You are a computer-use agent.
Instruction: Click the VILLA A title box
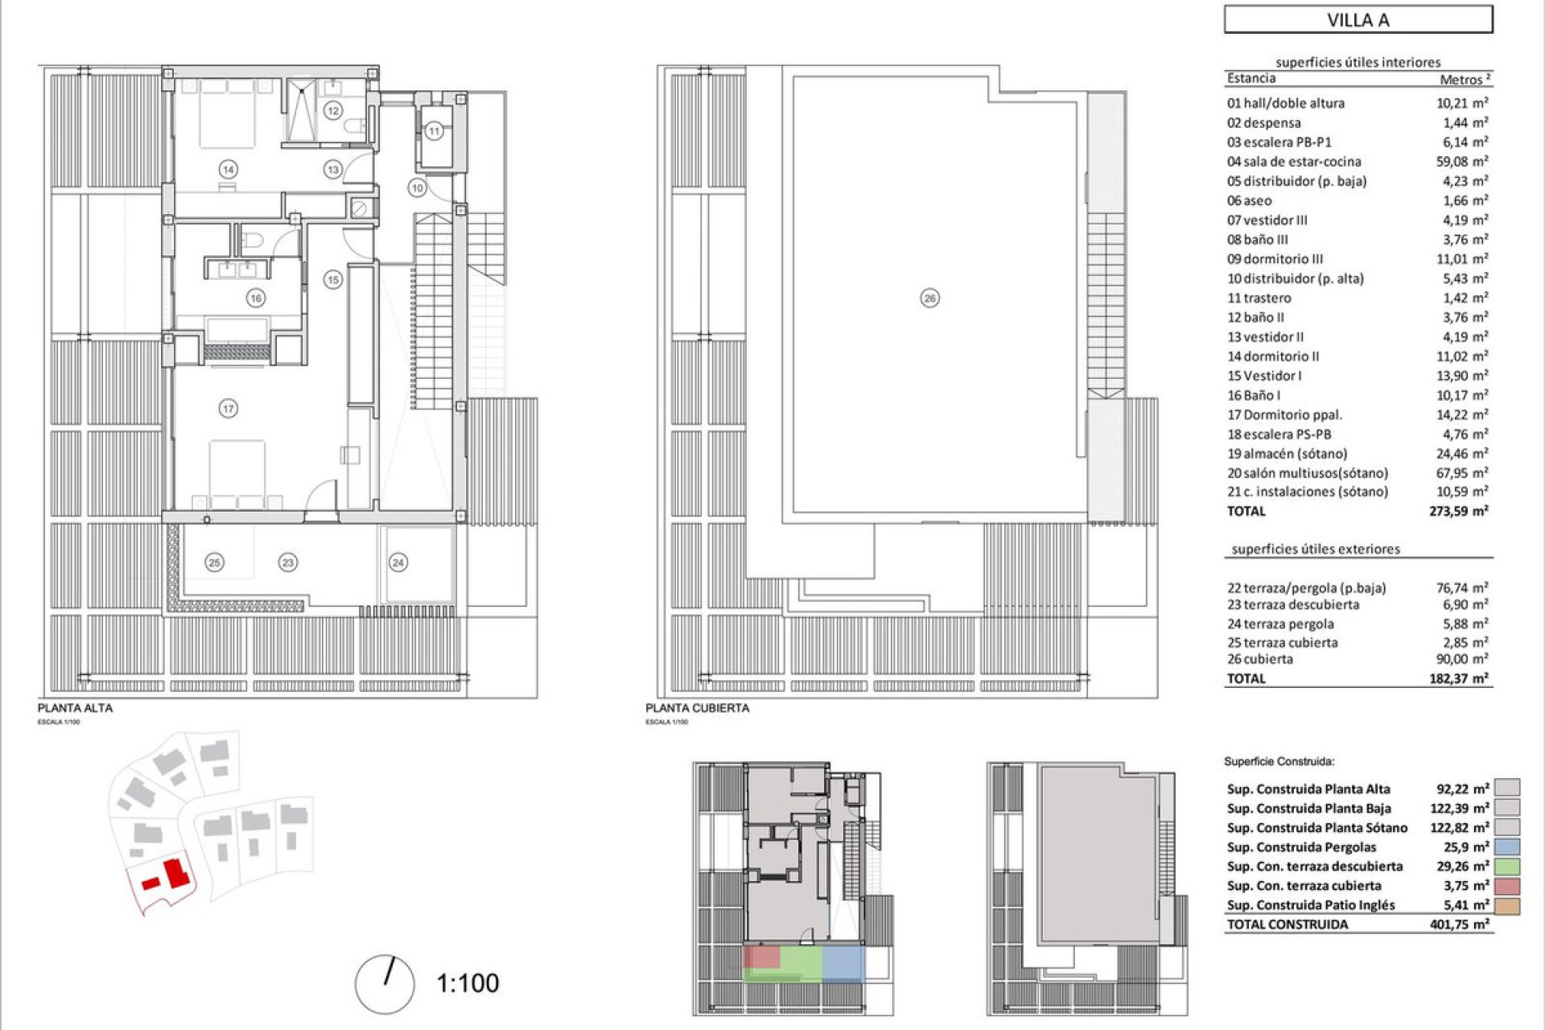pos(1358,20)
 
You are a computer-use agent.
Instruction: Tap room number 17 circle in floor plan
pos(228,409)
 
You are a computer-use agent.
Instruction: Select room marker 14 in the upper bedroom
pos(229,169)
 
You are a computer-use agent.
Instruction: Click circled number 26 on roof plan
pos(929,299)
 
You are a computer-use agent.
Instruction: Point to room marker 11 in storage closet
pos(434,130)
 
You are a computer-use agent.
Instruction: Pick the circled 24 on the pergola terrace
pos(398,562)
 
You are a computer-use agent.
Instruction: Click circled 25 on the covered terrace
pos(214,562)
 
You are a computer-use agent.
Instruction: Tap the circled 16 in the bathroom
pos(255,299)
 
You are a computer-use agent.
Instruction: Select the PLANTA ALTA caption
pos(75,708)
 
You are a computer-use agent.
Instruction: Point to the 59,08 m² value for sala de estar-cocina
pos(1462,162)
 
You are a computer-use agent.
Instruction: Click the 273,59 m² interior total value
pos(1458,511)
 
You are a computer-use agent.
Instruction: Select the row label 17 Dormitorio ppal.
pos(1284,415)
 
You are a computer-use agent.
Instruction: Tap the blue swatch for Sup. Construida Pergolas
pos(1508,847)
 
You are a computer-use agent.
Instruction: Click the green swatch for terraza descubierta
pos(1508,867)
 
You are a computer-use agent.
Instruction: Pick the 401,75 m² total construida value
pos(1458,925)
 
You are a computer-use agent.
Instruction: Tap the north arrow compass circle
pos(385,984)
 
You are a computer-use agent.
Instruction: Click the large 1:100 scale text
pos(468,983)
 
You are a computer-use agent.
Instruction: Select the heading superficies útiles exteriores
pos(1316,549)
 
